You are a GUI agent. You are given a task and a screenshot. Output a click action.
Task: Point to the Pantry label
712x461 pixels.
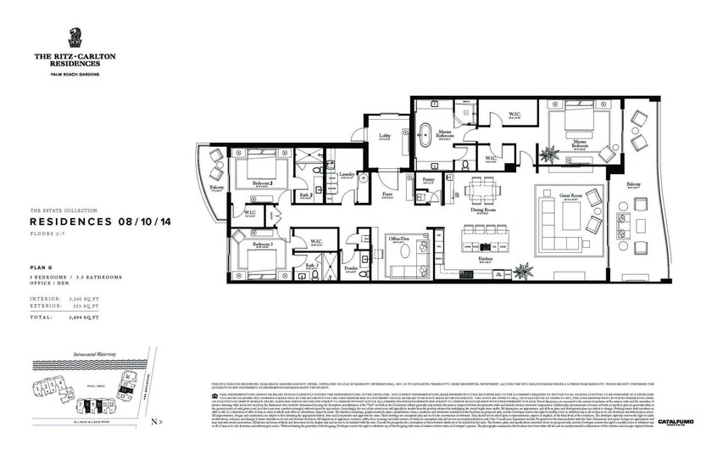(x=429, y=180)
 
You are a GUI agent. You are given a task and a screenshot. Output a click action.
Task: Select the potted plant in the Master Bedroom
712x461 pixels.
(x=551, y=154)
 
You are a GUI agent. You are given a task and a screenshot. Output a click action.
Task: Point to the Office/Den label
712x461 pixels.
(x=398, y=239)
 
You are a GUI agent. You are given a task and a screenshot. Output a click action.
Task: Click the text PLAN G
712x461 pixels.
(x=42, y=267)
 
